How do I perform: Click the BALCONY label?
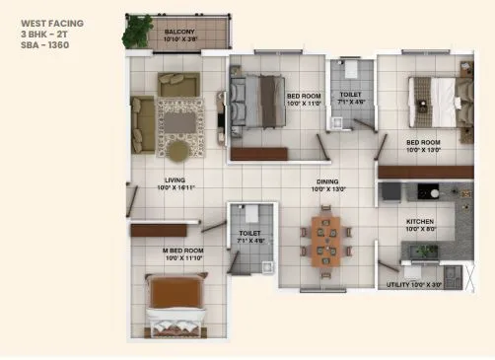[x=178, y=32]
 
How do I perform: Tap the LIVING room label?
[x=177, y=180]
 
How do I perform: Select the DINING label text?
[x=327, y=180]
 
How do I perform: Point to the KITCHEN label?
[x=421, y=222]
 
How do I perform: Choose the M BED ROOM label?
[x=183, y=251]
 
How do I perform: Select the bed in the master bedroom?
[x=180, y=303]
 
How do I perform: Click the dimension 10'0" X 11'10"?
[x=183, y=258]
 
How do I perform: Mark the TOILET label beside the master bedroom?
[x=249, y=234]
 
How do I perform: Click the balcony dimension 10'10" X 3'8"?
[x=178, y=39]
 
